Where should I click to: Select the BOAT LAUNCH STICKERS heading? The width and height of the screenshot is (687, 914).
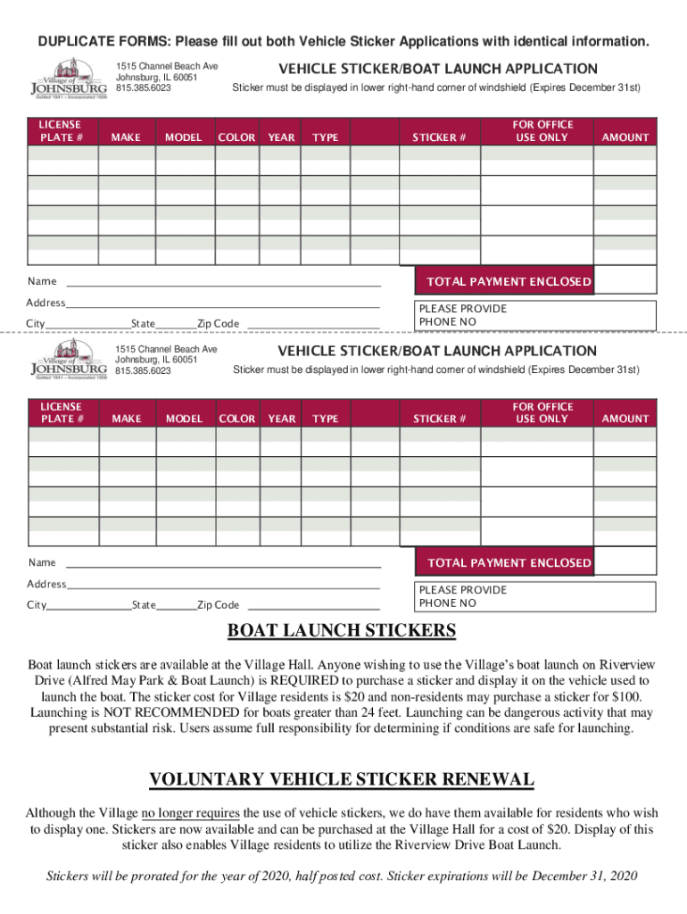click(343, 632)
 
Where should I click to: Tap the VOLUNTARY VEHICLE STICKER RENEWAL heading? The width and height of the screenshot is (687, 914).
click(342, 779)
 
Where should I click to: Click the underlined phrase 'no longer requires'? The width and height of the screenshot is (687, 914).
click(190, 813)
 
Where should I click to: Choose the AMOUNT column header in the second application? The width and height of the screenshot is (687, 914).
click(625, 419)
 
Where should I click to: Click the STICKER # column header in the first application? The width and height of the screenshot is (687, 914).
click(439, 137)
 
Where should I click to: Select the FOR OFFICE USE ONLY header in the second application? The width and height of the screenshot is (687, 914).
click(542, 412)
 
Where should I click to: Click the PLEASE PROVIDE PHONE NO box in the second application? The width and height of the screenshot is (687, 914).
click(535, 596)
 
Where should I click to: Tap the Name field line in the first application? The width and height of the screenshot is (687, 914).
click(223, 284)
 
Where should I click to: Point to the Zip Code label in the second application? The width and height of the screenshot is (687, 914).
click(218, 605)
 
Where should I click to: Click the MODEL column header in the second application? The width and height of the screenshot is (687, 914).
click(184, 419)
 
